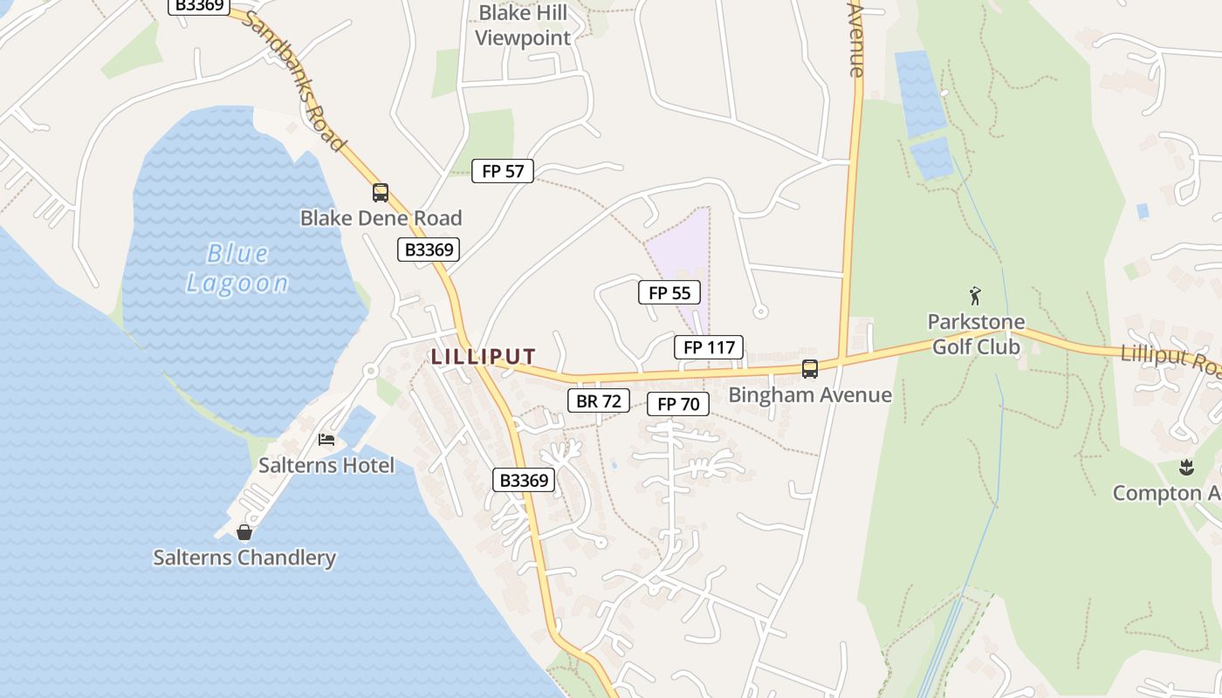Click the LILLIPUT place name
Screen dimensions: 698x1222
tap(483, 356)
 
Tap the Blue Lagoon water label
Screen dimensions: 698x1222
tap(237, 268)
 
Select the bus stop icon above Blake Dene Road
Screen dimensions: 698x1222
tap(381, 193)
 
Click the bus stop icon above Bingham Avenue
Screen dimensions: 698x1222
tap(810, 368)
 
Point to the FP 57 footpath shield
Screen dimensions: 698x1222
tap(503, 171)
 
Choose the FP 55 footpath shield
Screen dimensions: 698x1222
tap(669, 293)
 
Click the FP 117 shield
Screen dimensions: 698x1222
tap(709, 347)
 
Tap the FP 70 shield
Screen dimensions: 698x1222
tap(678, 404)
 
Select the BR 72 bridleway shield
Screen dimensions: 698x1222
tap(599, 400)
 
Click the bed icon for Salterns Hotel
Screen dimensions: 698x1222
tap(326, 439)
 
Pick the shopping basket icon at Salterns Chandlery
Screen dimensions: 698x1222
tap(244, 531)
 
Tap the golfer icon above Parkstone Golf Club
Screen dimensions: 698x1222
tap(975, 296)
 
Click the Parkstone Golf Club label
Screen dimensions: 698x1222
tap(975, 334)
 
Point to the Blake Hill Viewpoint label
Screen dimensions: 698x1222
tap(523, 25)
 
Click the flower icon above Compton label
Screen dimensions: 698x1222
tap(1185, 468)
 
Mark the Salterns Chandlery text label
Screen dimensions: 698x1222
tap(244, 558)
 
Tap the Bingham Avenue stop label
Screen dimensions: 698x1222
tap(810, 395)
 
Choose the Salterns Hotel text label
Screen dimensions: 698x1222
tap(326, 465)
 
